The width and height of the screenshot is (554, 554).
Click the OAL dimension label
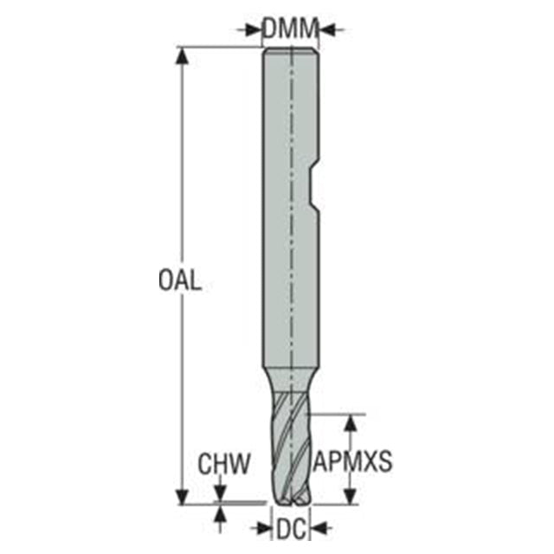(180, 280)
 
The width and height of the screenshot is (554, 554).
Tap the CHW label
(224, 464)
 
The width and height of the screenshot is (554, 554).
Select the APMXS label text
(352, 461)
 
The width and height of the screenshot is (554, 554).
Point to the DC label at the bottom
(291, 530)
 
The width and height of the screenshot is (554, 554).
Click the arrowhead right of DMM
(327, 29)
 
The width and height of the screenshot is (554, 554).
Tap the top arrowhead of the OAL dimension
(182, 55)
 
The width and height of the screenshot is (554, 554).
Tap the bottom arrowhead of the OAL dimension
(182, 496)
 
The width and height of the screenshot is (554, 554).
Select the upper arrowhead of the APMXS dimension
(350, 422)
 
